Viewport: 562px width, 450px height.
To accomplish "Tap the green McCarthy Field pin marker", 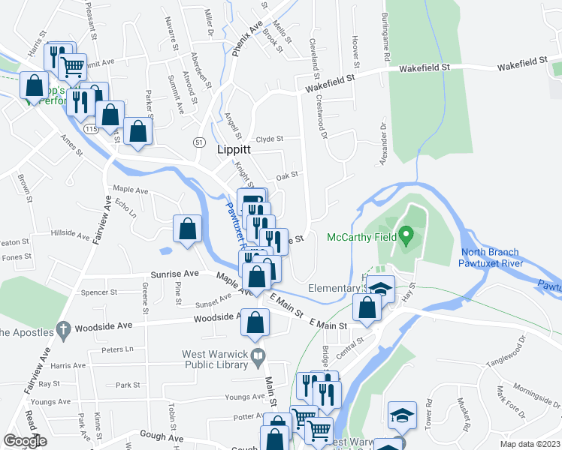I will click(406, 237).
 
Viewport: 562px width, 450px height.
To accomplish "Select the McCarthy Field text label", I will click(361, 238).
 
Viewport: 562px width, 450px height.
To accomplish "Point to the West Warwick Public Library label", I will click(214, 360).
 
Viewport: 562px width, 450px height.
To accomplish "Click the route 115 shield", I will click(92, 129).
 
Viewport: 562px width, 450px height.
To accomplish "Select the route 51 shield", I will click(198, 142).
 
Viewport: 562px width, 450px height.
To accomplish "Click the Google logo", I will click(26, 440).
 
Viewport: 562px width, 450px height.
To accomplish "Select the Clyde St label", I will click(270, 139).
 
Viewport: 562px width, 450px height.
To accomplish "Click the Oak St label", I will click(287, 175).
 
